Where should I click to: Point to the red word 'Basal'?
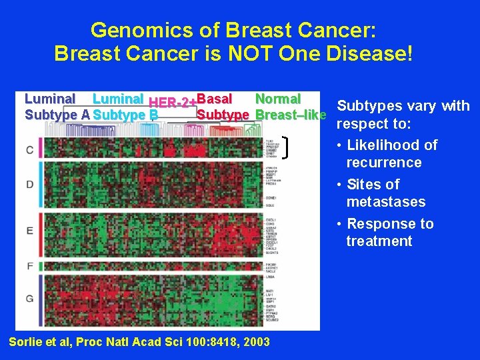click(214, 99)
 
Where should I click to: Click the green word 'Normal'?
click(278, 99)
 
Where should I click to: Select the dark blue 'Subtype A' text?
click(57, 115)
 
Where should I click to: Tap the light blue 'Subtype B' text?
click(126, 115)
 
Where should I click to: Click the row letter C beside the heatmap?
click(29, 149)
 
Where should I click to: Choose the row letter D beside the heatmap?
click(29, 183)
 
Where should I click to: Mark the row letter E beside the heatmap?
click(29, 231)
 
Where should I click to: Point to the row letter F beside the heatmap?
click(29, 266)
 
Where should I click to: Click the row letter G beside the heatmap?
click(29, 298)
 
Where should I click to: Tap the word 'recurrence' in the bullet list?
click(383, 163)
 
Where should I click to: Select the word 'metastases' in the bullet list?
click(385, 201)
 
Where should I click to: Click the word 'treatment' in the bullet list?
click(379, 241)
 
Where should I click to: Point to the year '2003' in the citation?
click(256, 342)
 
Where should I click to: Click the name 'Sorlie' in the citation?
click(25, 342)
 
